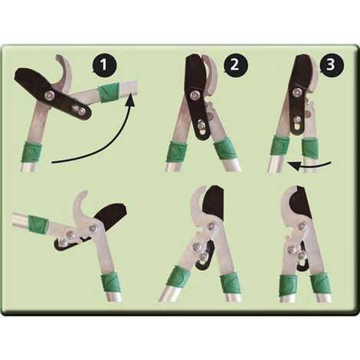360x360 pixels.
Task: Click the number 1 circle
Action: coord(105,64)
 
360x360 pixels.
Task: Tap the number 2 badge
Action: coord(236,64)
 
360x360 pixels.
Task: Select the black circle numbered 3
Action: coord(331,64)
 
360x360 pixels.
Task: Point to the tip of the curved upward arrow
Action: coord(131,93)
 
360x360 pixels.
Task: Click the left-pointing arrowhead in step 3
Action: coord(293,165)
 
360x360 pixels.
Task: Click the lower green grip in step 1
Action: coord(31,152)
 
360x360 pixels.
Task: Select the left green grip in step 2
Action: coord(177,152)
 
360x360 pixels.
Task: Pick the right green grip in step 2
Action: coord(224,151)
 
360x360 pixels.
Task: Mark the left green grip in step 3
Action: coord(280,147)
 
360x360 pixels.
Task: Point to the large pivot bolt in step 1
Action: coord(48,96)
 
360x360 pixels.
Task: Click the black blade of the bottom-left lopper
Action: coord(112,217)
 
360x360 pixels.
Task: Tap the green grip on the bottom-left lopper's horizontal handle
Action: coord(38,223)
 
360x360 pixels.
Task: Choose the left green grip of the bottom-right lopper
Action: coord(288,286)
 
